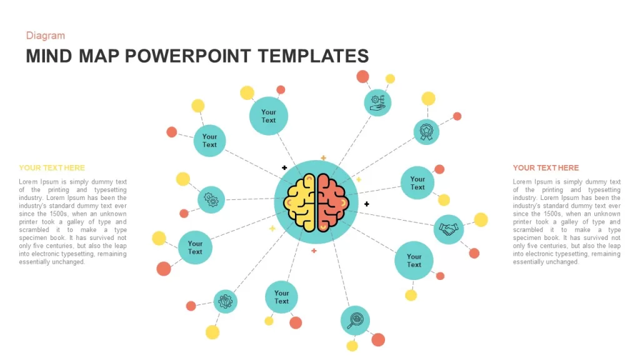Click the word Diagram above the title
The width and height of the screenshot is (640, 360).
click(45, 36)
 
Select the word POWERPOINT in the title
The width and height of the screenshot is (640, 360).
click(187, 56)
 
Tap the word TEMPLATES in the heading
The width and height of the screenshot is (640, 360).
click(313, 56)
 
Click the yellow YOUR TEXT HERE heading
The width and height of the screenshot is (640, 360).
click(52, 167)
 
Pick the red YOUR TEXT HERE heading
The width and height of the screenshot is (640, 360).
click(546, 167)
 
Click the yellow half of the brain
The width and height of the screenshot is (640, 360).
click(300, 202)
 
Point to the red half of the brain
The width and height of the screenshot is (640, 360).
click(332, 202)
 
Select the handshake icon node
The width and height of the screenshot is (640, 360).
click(449, 229)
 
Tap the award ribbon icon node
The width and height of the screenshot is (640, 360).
click(426, 132)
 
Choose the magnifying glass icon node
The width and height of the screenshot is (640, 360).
click(355, 321)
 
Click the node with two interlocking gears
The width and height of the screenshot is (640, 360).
click(211, 199)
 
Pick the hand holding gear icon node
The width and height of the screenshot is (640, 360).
click(377, 103)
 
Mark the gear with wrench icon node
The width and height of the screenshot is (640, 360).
click(225, 302)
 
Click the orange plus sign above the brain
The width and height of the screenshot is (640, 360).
click(323, 157)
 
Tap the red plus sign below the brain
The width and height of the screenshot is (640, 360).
click(314, 251)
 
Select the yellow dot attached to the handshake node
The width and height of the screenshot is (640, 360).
click(481, 219)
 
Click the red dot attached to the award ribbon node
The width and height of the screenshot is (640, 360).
click(457, 116)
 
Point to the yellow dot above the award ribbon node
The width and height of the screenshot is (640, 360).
click(428, 98)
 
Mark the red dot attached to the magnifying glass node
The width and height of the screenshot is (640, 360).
click(378, 339)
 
